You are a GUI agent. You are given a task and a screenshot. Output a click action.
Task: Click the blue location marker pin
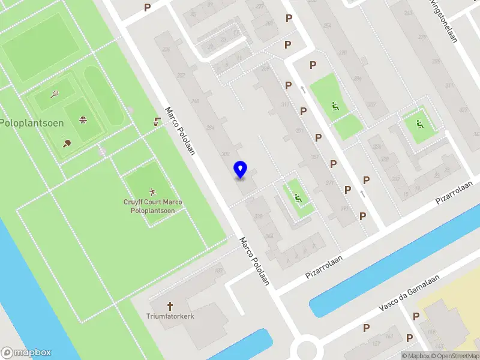(x=241, y=169)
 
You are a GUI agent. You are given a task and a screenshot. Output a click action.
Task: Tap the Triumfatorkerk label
(x=170, y=316)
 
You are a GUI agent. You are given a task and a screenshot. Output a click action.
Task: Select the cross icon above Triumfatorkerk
(x=170, y=305)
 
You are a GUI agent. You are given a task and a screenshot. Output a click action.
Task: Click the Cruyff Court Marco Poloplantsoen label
(x=152, y=206)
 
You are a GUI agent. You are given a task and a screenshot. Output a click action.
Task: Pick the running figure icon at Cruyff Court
(x=152, y=191)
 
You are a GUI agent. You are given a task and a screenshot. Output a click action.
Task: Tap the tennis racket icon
(x=55, y=94)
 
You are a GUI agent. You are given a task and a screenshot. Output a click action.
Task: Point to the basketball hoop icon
(x=83, y=119)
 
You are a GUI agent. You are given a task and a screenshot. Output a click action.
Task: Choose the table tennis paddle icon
(x=67, y=143)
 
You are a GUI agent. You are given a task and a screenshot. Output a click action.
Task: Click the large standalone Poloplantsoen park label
(x=24, y=122)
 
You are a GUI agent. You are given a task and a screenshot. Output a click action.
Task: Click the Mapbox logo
(x=26, y=352)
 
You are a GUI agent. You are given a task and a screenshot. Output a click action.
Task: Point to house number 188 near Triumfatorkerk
(x=218, y=272)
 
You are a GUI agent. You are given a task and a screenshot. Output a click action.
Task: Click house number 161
(x=389, y=336)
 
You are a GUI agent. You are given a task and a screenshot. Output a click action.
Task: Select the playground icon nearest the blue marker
(x=298, y=197)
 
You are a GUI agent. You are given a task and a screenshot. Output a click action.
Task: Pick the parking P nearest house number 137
(x=367, y=328)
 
